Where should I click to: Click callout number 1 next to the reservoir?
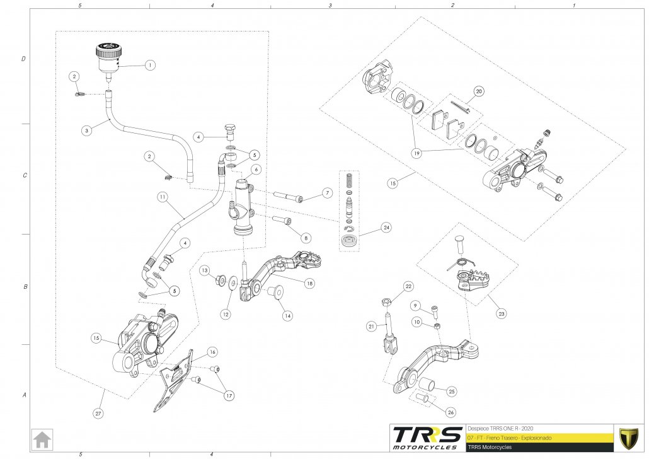pos(149,64)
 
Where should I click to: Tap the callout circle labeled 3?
pos(87,131)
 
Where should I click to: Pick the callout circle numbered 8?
pos(306,238)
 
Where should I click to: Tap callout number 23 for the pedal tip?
pos(502,311)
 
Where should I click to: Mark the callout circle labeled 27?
pos(98,413)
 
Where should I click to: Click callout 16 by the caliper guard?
pos(212,352)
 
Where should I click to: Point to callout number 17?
pos(227,395)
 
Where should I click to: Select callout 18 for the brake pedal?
pos(309,284)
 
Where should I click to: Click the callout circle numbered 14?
pos(287,315)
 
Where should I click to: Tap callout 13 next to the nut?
pos(205,270)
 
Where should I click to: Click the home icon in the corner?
pos(43,438)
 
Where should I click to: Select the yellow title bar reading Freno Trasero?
pos(539,437)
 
